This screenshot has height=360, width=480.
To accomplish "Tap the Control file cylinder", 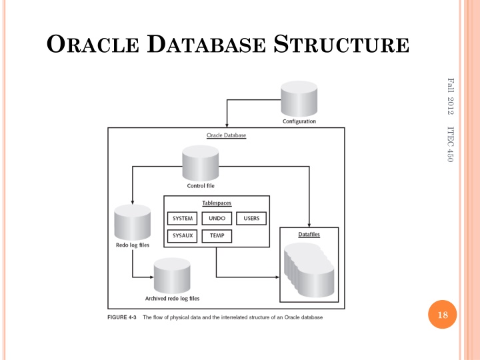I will pos(201,163).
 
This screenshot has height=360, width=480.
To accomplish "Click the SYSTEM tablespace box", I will pos(182,219).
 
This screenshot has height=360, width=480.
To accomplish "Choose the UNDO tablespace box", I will pos(217,219).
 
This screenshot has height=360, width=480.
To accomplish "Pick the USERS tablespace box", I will pos(251,219).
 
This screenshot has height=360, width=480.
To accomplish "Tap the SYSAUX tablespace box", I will pos(182,235).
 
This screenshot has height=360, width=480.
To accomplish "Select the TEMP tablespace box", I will pos(217,235).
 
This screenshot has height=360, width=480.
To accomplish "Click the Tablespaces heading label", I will pos(217,203).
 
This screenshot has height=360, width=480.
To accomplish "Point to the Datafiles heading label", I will pos(311,234).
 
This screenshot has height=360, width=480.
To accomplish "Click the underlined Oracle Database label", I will pos(226,135).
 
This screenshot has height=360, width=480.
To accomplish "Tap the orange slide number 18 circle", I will pos(441,315).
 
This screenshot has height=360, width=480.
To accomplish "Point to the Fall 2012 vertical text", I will pos(451,95).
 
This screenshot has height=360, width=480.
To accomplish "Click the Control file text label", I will pos(200,186).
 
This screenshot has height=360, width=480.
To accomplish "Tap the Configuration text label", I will pos(299,121).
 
